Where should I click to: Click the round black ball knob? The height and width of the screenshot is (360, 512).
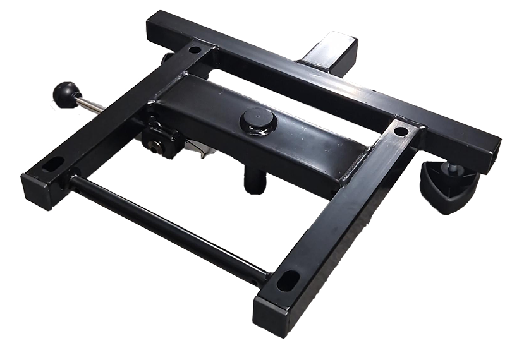tap(64, 95)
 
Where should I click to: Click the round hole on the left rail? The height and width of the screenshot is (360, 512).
tap(194, 49)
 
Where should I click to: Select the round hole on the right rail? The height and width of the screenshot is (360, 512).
tap(401, 131)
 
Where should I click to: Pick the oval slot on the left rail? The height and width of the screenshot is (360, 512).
tap(53, 164)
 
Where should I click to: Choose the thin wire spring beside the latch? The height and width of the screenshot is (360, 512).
tap(199, 152)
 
